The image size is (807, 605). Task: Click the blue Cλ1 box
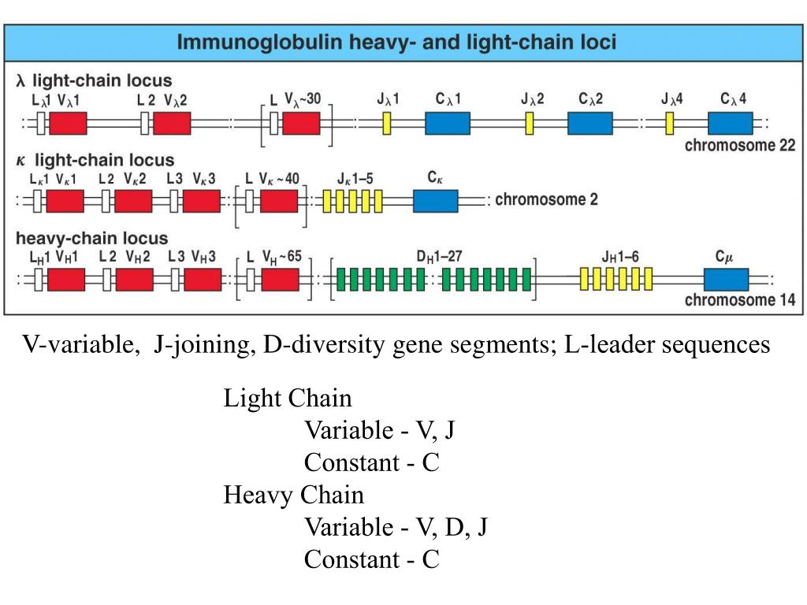click(448, 123)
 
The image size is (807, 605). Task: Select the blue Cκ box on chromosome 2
click(435, 201)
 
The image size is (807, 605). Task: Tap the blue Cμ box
click(726, 279)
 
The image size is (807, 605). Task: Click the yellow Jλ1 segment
click(387, 123)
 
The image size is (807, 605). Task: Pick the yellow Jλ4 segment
click(669, 123)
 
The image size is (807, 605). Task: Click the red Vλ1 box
click(68, 123)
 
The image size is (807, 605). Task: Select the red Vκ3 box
click(202, 201)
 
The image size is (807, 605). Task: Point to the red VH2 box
click(134, 279)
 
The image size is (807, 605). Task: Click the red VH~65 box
click(281, 279)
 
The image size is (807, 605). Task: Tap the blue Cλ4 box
click(731, 123)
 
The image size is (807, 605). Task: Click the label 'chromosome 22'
click(740, 146)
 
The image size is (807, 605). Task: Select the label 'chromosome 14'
click(740, 300)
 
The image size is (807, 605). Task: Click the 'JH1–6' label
click(620, 256)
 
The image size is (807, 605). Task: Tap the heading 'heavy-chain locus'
click(92, 238)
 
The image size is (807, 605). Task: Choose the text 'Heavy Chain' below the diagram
click(294, 496)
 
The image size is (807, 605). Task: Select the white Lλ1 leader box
click(39, 123)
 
